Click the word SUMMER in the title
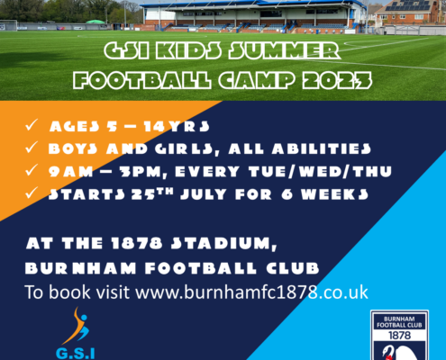[x=284, y=50]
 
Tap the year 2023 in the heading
[x=337, y=80]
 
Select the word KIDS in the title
[x=188, y=50]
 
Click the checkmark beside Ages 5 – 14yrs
[x=32, y=125]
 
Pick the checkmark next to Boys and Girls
[x=32, y=148]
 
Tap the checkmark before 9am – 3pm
[x=32, y=170]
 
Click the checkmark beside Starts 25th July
[x=32, y=193]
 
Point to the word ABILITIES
[x=322, y=148]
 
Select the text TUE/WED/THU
[x=320, y=172]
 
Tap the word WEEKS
[x=334, y=194]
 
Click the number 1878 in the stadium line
[x=137, y=243]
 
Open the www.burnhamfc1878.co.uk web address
[x=251, y=292]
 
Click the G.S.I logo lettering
[x=76, y=354]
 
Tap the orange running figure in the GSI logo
[x=77, y=327]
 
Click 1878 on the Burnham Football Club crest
[x=399, y=335]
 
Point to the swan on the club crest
[x=399, y=353]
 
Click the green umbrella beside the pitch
[x=96, y=22]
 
